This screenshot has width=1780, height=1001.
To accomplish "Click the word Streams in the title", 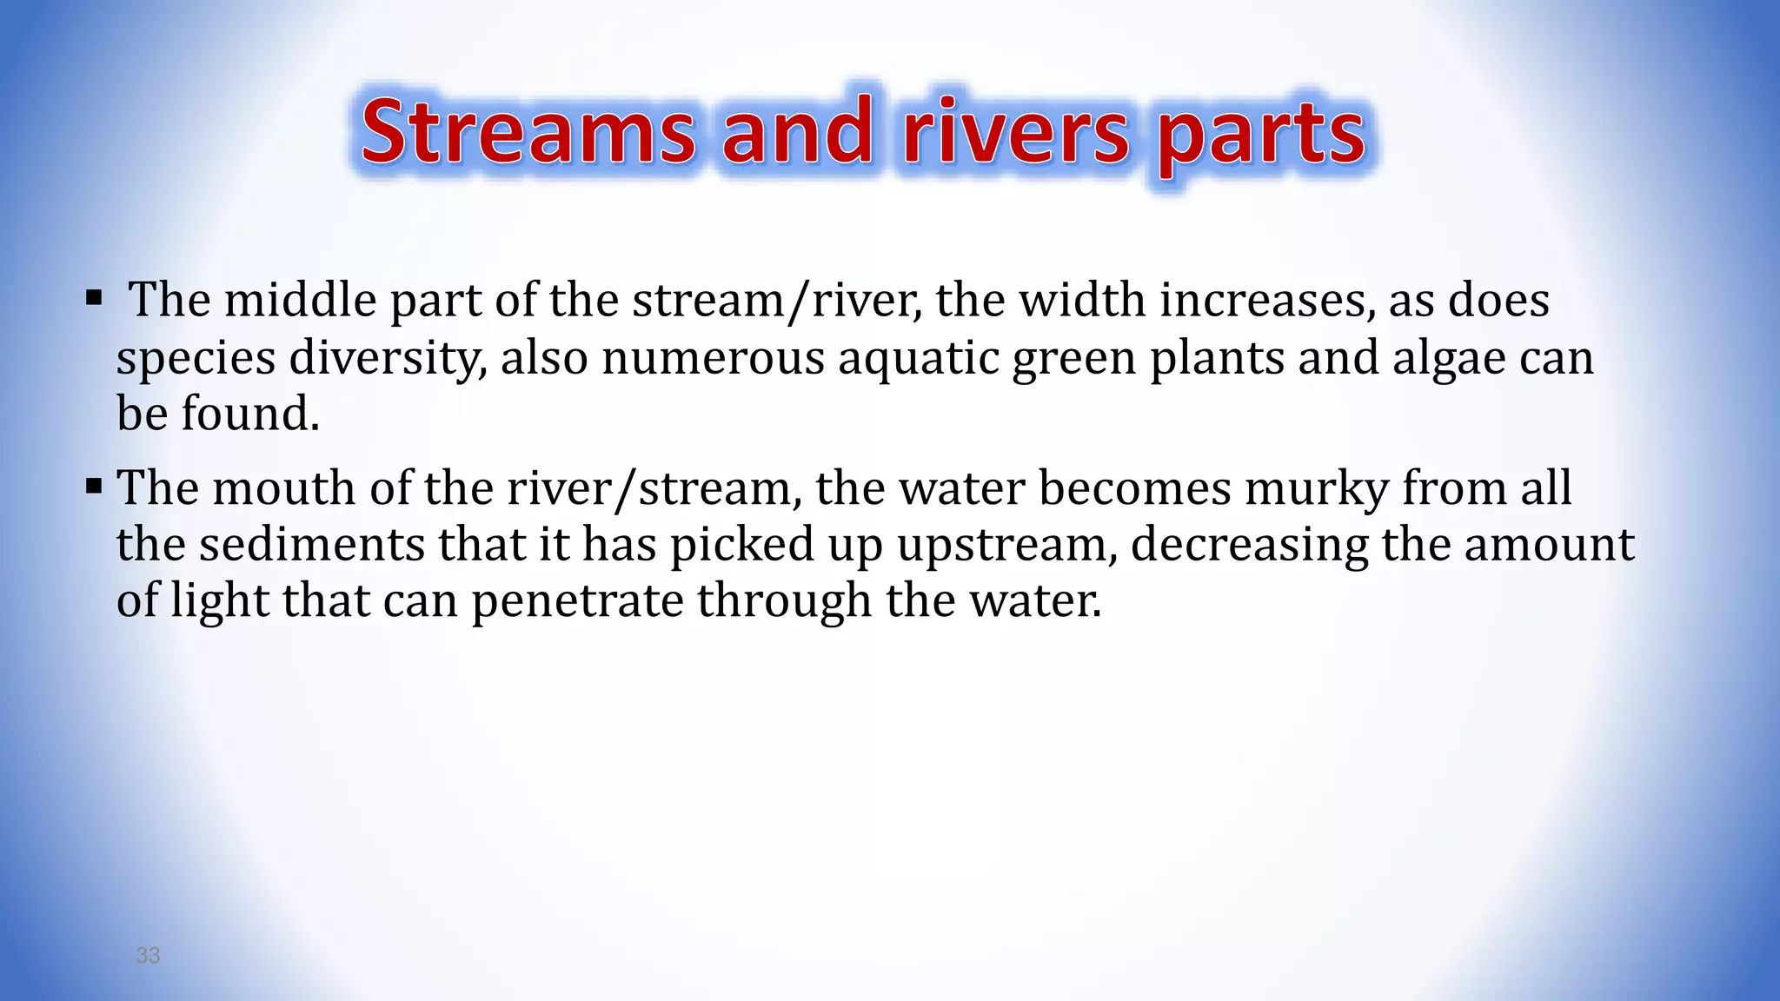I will click(x=528, y=132).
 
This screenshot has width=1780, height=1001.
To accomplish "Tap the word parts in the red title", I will click(x=1261, y=136).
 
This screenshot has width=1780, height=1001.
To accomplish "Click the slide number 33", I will click(x=149, y=956).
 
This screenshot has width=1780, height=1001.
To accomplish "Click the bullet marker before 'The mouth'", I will click(x=94, y=487).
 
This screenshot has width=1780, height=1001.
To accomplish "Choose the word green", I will click(x=1074, y=358).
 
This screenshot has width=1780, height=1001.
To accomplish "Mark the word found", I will click(x=249, y=414).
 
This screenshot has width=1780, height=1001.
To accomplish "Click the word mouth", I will click(x=284, y=487).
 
